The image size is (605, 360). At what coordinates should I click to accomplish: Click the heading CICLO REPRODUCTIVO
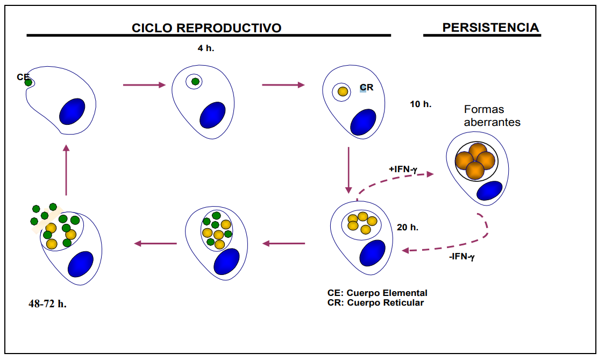[x=207, y=28]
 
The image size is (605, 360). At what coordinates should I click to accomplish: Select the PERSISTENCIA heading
[x=490, y=27]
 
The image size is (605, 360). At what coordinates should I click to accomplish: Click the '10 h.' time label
[x=421, y=104]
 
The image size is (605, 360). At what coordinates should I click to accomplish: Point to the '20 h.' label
[x=408, y=227]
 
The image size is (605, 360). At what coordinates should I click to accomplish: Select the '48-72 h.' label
[x=47, y=303]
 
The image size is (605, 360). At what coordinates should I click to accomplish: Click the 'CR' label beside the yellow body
[x=366, y=87]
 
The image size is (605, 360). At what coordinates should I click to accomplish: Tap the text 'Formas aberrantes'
[x=492, y=116]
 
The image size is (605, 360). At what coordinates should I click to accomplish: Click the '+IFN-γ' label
[x=404, y=169]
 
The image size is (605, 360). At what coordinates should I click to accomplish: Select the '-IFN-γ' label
[x=462, y=257]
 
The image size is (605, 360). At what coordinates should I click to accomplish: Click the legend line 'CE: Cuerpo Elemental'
[x=377, y=293]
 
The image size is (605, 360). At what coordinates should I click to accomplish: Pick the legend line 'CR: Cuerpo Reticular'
[x=375, y=302]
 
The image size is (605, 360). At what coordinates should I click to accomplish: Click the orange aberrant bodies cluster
[x=475, y=161]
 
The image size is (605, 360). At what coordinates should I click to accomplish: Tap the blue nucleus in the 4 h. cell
[x=212, y=116]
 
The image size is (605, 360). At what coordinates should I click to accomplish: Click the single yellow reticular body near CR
[x=343, y=91]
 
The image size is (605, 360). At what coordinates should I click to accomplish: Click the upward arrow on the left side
[x=66, y=170]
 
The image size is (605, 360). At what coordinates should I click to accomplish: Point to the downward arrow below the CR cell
[x=348, y=170]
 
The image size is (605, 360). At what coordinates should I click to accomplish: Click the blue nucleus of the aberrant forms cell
[x=489, y=191]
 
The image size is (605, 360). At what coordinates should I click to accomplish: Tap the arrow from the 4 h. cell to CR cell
[x=283, y=84]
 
